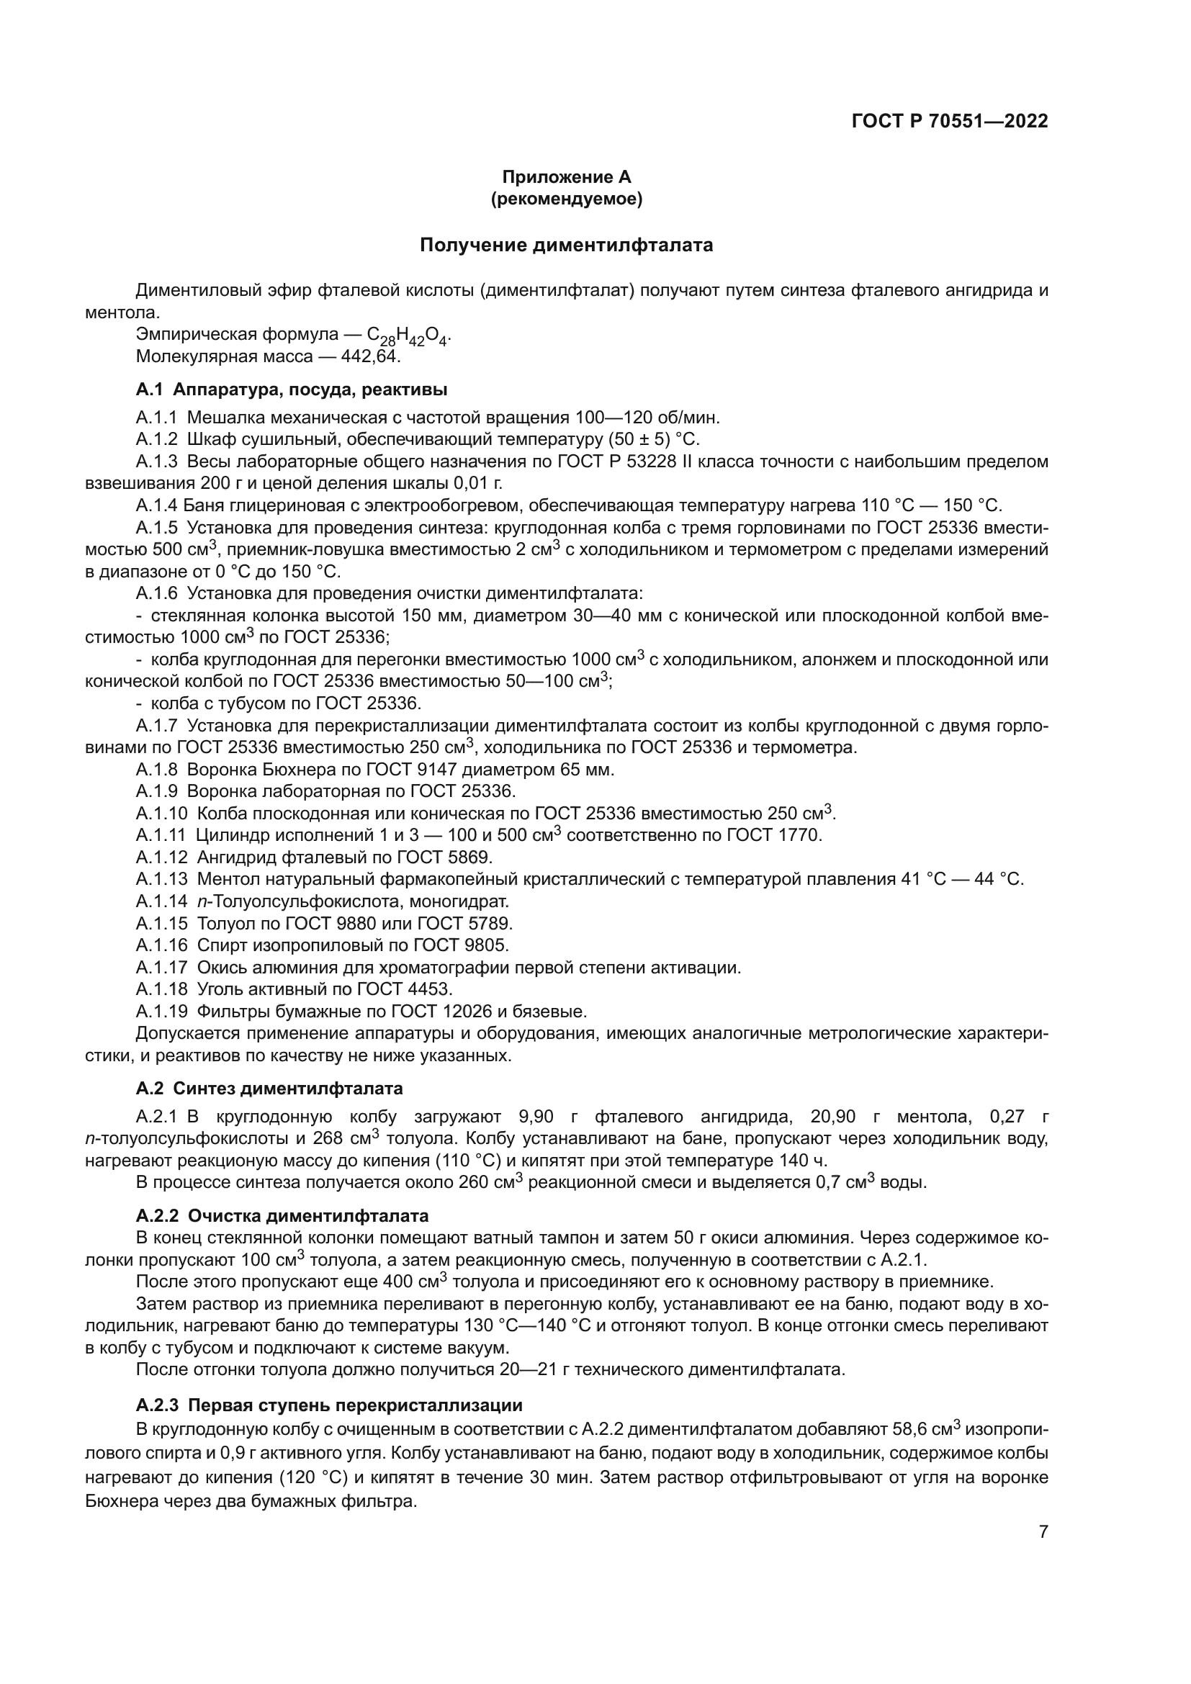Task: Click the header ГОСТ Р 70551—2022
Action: pyautogui.click(x=949, y=121)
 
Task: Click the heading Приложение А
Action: pyautogui.click(x=566, y=177)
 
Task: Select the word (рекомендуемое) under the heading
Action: pyautogui.click(x=566, y=199)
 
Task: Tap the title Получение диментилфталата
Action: pyautogui.click(x=566, y=245)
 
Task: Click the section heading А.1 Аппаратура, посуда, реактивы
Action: pyautogui.click(x=291, y=390)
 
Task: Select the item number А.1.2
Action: pyautogui.click(x=156, y=439)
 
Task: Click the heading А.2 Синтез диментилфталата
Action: pyautogui.click(x=269, y=1088)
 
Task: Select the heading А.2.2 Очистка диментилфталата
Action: pyautogui.click(x=282, y=1216)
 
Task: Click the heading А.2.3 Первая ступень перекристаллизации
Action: pyautogui.click(x=328, y=1405)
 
